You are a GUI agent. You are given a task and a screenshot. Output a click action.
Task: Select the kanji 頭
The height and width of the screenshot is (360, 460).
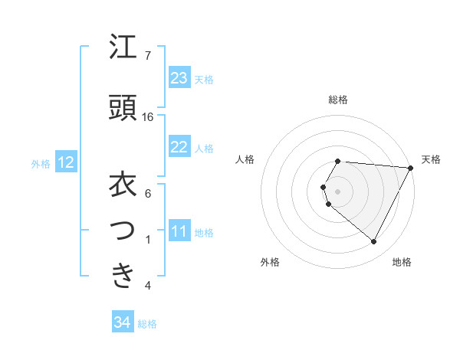pyautogui.click(x=123, y=108)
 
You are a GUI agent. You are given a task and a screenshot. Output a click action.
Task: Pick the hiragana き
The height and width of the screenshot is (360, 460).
pyautogui.click(x=123, y=275)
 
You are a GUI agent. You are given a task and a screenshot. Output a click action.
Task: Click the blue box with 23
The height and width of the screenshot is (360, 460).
pyautogui.click(x=179, y=78)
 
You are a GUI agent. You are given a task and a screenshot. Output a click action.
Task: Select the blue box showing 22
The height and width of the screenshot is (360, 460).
pyautogui.click(x=179, y=147)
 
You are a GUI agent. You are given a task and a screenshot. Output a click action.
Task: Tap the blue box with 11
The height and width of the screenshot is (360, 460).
pyautogui.click(x=179, y=231)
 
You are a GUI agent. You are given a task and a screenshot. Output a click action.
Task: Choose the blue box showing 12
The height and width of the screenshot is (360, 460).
pyautogui.click(x=65, y=162)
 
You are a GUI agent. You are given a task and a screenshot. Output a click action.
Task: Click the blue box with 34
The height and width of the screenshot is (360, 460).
pyautogui.click(x=122, y=322)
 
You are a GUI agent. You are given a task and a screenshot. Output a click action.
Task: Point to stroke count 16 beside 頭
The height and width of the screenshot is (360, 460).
pyautogui.click(x=148, y=117)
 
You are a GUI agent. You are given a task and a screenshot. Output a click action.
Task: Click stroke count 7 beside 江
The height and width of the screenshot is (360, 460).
pyautogui.click(x=148, y=56)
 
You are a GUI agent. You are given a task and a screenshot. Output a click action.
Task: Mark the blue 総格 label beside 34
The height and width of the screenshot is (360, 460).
pyautogui.click(x=147, y=324)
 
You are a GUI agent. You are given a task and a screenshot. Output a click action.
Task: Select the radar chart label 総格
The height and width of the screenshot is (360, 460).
pyautogui.click(x=338, y=100)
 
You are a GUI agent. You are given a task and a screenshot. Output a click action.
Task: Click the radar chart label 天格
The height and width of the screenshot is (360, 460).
pyautogui.click(x=431, y=159)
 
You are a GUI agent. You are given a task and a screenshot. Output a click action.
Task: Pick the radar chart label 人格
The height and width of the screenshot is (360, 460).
pyautogui.click(x=245, y=159)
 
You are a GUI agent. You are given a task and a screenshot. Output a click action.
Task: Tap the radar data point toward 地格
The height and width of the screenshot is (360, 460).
pyautogui.click(x=374, y=242)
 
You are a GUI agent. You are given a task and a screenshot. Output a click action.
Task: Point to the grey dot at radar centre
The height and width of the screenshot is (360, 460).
pyautogui.click(x=338, y=191)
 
